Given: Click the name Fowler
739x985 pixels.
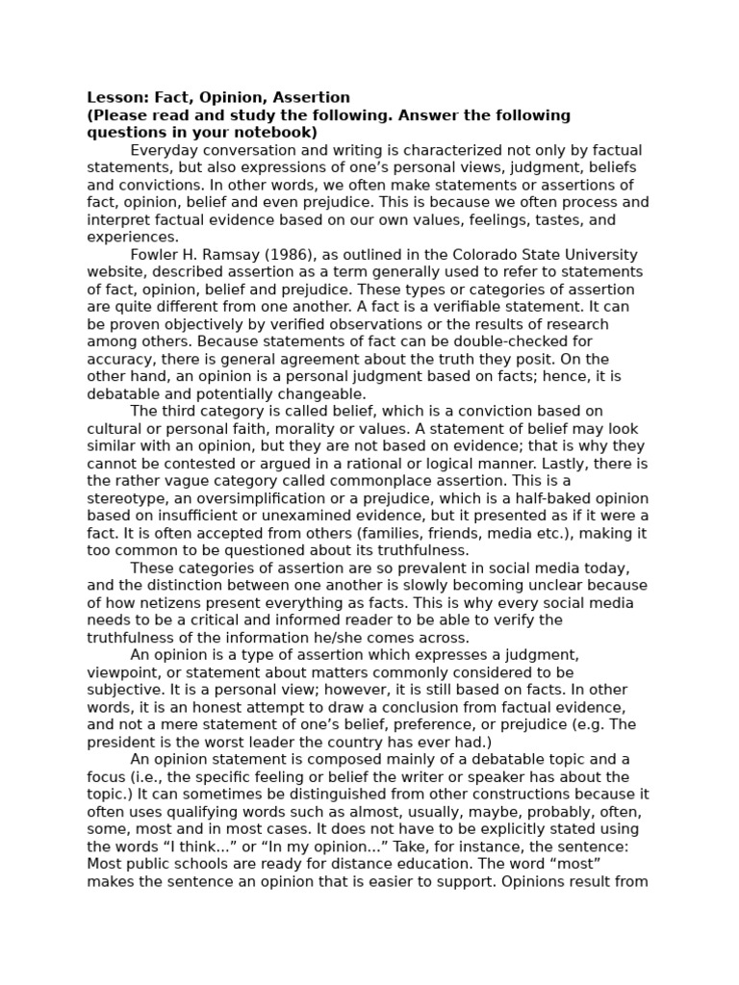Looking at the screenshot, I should pos(154,255).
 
